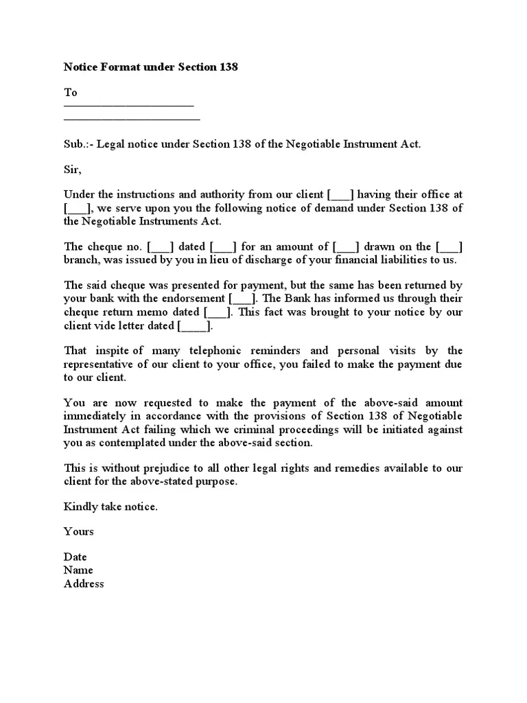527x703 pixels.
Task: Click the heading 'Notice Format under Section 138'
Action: point(151,67)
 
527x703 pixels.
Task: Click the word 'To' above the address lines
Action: point(71,92)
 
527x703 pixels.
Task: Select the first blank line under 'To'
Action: point(129,106)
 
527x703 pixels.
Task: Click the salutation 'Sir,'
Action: point(72,170)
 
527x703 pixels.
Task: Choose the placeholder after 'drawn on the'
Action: point(449,247)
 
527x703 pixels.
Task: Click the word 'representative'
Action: point(97,365)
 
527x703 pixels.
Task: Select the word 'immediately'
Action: point(93,416)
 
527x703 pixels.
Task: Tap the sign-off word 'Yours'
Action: point(79,531)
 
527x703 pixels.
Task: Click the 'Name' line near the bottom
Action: point(78,570)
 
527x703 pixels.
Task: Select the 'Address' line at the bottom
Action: point(84,584)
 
